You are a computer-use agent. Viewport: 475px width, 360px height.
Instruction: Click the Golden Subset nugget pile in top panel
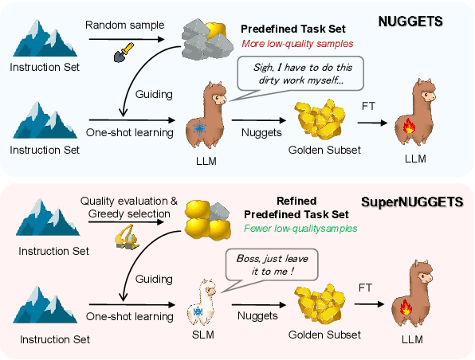point(323,120)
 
